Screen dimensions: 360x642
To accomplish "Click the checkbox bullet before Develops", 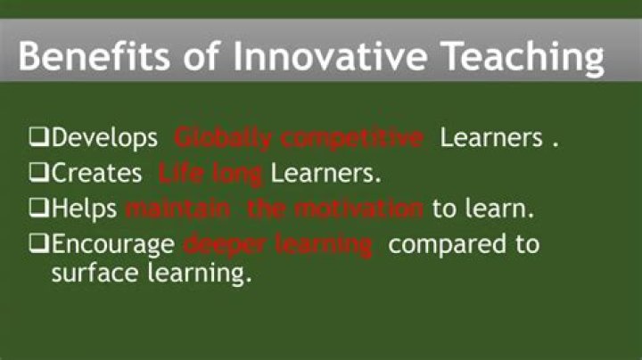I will [x=38, y=139].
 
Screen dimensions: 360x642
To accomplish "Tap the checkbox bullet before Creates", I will [x=38, y=174].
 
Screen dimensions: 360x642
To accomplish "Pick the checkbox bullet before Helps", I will [x=38, y=209].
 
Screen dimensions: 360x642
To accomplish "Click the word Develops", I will [x=104, y=139].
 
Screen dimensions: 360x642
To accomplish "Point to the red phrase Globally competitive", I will [x=298, y=139].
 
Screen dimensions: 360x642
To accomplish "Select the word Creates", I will [x=97, y=174].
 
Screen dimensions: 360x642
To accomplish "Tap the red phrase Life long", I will [x=210, y=174].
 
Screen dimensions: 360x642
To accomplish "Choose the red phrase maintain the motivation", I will [x=275, y=209].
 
